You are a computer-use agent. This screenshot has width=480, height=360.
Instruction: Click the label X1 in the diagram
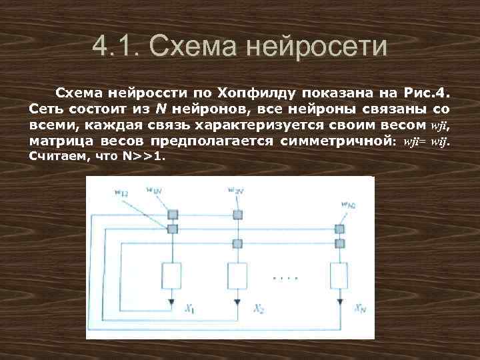[190, 309]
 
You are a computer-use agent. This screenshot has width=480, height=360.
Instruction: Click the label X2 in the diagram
[258, 309]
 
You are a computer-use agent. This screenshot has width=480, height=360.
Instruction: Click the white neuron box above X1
[173, 274]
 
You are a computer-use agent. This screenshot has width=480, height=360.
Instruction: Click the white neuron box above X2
[237, 274]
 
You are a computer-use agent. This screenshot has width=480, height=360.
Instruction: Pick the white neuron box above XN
[340, 274]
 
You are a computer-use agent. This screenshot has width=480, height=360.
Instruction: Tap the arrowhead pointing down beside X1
[173, 303]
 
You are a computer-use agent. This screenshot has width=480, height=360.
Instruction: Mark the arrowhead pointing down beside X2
[237, 303]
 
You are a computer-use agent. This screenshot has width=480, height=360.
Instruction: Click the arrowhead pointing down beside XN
[340, 303]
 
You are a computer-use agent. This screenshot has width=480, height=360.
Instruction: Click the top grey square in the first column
[173, 215]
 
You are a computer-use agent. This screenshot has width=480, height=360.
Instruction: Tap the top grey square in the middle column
[237, 215]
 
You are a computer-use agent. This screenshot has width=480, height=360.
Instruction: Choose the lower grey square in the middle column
[237, 243]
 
